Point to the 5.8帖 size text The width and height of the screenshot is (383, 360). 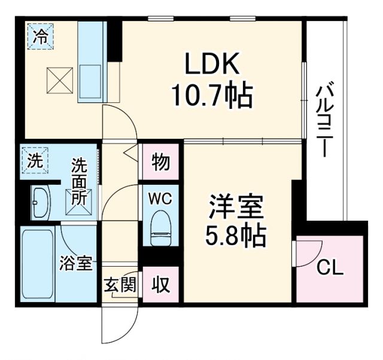[236, 237]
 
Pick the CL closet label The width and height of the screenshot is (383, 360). [330, 269]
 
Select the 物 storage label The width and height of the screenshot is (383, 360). [160, 162]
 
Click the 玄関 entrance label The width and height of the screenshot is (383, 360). [120, 285]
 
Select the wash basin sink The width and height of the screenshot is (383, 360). [41, 203]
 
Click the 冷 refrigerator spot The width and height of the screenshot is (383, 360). [39, 36]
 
